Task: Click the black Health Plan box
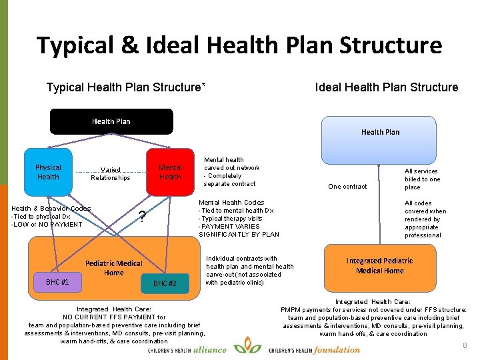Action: [x=111, y=121]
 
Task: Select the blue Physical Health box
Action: [x=48, y=173]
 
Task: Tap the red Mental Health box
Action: [x=170, y=173]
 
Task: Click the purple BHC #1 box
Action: [x=57, y=282]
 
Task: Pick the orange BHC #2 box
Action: [x=165, y=283]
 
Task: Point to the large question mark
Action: [x=141, y=217]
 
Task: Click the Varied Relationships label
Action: [x=111, y=174]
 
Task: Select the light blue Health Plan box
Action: [x=380, y=132]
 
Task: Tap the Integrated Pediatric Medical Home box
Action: [x=379, y=265]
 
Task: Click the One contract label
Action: [x=348, y=187]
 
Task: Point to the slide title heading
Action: [x=239, y=45]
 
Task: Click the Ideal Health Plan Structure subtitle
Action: [x=387, y=87]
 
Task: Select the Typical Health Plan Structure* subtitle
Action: [x=125, y=87]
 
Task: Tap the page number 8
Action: [x=465, y=345]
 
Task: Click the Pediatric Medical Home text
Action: [x=114, y=268]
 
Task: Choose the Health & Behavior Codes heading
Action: [x=51, y=208]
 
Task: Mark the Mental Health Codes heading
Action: [x=231, y=202]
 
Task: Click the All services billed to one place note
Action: [x=422, y=179]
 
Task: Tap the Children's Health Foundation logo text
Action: [x=315, y=349]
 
